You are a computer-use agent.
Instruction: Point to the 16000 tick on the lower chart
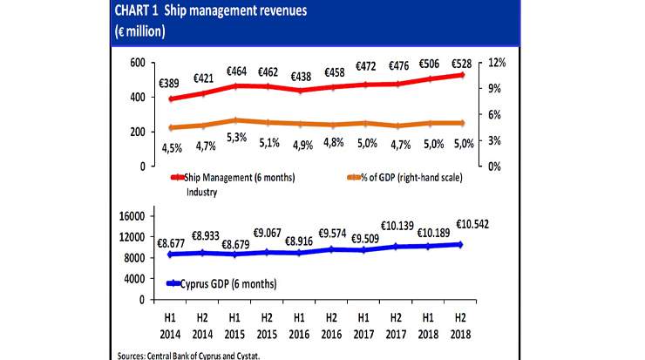click(129, 216)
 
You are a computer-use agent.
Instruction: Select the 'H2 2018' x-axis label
click(458, 325)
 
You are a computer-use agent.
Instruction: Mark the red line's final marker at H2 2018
click(459, 75)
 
